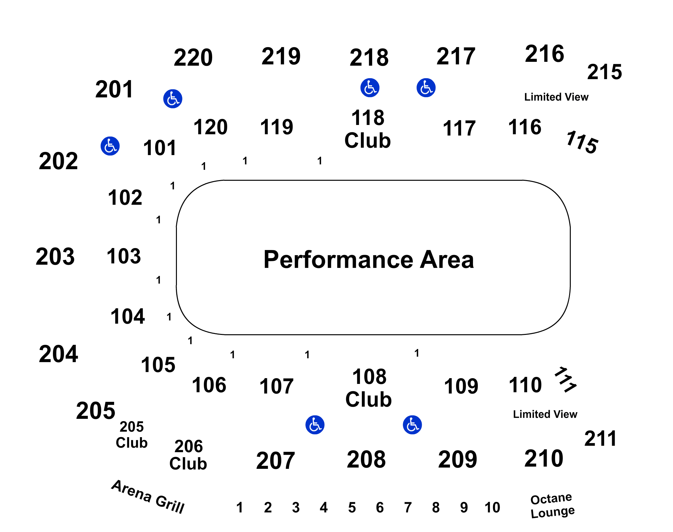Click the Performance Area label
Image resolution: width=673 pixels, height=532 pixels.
pyautogui.click(x=369, y=259)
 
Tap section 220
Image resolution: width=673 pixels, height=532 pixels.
pyautogui.click(x=193, y=58)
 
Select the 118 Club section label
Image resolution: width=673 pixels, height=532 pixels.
pyautogui.click(x=368, y=129)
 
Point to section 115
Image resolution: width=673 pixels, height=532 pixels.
pyautogui.click(x=582, y=142)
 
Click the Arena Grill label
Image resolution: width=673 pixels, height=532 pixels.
pyautogui.click(x=148, y=496)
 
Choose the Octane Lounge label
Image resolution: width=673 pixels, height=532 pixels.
pyautogui.click(x=553, y=505)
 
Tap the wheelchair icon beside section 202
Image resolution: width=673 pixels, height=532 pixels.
pyautogui.click(x=110, y=146)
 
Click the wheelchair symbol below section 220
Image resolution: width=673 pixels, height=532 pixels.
pyautogui.click(x=173, y=99)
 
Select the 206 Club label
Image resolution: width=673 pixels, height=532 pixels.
pyautogui.click(x=188, y=455)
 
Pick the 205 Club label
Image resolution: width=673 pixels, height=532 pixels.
pyautogui.click(x=132, y=435)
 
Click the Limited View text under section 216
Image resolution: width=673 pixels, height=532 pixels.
pyautogui.click(x=556, y=97)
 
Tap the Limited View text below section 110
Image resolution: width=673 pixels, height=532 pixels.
pyautogui.click(x=545, y=414)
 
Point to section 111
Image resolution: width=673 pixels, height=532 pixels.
pyautogui.click(x=566, y=379)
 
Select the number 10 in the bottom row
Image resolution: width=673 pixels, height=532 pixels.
pyautogui.click(x=492, y=507)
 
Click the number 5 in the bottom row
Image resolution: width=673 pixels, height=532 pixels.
pyautogui.click(x=352, y=507)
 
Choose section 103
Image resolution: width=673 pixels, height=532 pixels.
pyautogui.click(x=124, y=256)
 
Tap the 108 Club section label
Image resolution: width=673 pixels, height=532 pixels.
pyautogui.click(x=369, y=388)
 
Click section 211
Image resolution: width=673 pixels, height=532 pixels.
pyautogui.click(x=600, y=438)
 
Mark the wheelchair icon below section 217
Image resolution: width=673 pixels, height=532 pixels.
pyautogui.click(x=426, y=87)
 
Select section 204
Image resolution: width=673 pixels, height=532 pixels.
pyautogui.click(x=58, y=354)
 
